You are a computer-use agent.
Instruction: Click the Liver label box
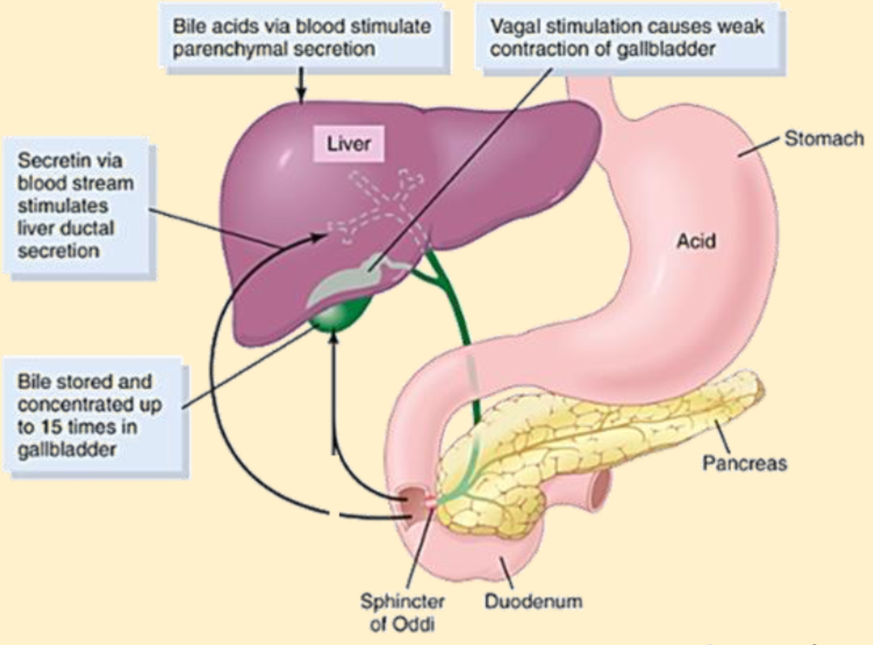(348, 144)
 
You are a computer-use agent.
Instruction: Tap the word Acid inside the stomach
(696, 241)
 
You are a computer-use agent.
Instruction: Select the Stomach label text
(824, 139)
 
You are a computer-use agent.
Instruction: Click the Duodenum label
(533, 601)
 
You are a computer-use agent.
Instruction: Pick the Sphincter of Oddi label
(402, 612)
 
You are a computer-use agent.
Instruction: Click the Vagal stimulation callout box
(630, 38)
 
